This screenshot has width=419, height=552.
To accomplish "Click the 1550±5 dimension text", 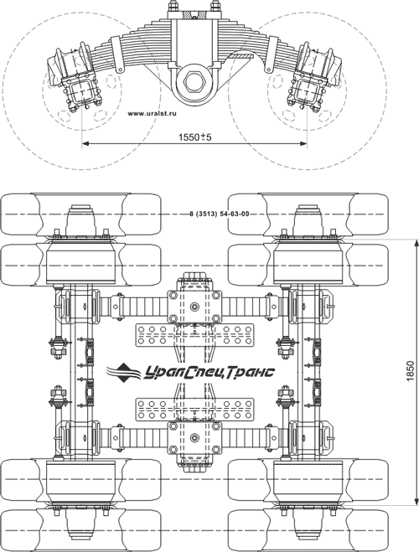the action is point(194,137).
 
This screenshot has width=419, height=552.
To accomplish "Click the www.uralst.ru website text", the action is point(152,114).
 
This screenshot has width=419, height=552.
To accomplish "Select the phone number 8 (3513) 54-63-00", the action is point(219,214).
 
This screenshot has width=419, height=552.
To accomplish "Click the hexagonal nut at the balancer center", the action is point(192,81).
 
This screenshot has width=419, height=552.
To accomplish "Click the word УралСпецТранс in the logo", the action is point(209,372).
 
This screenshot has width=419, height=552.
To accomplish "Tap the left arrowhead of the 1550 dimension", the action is point(85,143).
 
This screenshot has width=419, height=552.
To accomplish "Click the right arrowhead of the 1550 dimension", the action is point(303,143).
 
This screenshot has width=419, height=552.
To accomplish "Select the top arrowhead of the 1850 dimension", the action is point(416,243).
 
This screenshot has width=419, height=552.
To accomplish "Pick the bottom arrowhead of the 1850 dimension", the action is point(416,501).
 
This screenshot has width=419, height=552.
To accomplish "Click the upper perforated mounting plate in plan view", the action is point(194,335).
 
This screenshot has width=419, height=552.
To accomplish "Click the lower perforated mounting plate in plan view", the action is point(194,410).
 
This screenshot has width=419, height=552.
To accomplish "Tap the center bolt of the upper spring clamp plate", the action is point(194,307).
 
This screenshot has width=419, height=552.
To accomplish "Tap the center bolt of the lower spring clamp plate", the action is point(194,437).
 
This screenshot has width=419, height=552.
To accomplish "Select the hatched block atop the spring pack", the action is point(194,14).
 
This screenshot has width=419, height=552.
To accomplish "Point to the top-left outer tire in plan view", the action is point(80,214).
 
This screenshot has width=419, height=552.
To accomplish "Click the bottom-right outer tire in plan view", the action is point(308,530).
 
